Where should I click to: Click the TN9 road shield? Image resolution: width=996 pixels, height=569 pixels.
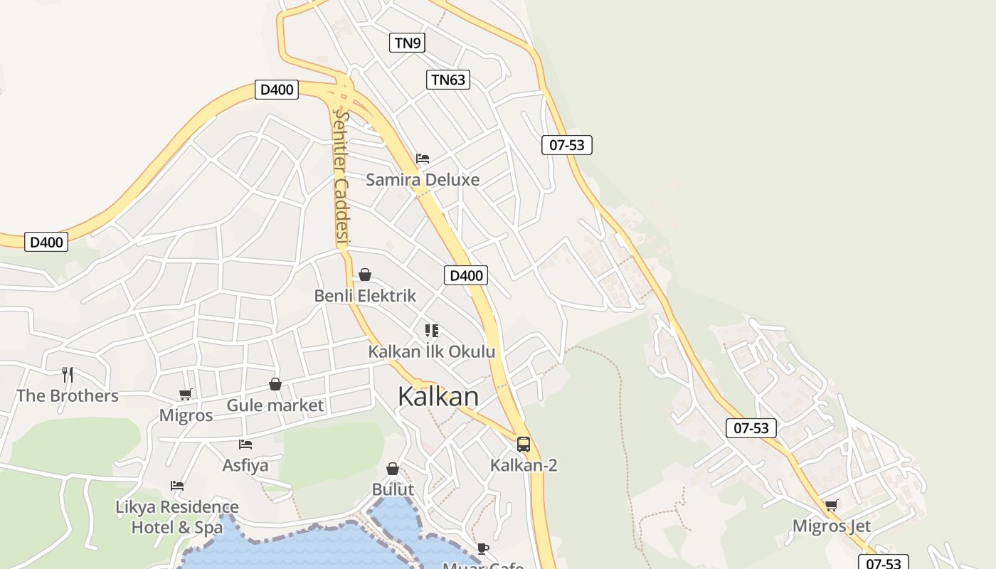click(x=407, y=43)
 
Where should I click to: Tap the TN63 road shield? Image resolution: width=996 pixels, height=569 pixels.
click(x=448, y=80)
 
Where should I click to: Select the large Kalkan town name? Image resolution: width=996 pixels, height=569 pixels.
click(x=438, y=396)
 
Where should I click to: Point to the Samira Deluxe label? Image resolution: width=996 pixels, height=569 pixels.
click(x=423, y=179)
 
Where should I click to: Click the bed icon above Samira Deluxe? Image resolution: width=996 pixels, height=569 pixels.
click(x=423, y=159)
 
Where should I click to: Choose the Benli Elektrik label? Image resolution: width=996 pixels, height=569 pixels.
click(x=365, y=295)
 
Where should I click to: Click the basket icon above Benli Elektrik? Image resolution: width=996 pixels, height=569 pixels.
click(x=365, y=275)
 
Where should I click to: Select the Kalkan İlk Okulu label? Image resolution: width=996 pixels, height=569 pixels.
click(x=431, y=351)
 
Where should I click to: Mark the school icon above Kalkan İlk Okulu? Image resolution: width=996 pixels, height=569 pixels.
click(x=431, y=331)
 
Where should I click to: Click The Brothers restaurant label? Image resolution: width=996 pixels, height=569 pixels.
click(x=68, y=395)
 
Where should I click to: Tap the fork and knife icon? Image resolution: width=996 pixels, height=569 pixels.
click(x=68, y=375)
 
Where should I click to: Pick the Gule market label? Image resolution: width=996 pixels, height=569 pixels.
click(x=275, y=405)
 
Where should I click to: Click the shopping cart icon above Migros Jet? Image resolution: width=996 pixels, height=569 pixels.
click(x=831, y=506)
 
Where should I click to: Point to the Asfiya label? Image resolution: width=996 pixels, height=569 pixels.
click(x=245, y=465)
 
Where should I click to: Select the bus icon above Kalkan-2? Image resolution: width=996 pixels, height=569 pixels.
click(x=524, y=445)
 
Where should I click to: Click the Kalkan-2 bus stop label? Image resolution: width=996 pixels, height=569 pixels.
click(x=524, y=465)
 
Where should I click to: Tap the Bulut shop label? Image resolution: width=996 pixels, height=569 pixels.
click(x=393, y=489)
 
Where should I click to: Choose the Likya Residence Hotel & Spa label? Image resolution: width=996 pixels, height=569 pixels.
click(x=177, y=517)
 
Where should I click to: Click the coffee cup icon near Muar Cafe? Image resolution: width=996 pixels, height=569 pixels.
click(x=483, y=548)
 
